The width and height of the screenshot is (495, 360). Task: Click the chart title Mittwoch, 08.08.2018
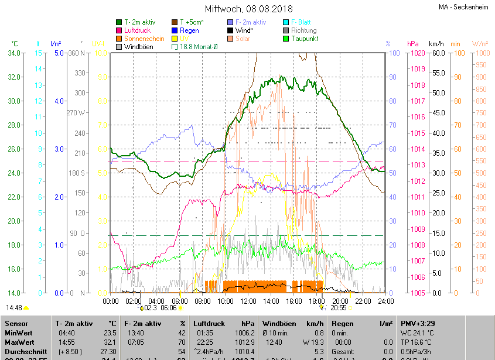[249, 9]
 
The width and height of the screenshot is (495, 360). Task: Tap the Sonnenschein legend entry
[144, 39]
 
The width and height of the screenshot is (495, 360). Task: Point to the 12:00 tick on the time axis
[248, 301]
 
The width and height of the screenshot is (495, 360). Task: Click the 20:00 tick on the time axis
[340, 301]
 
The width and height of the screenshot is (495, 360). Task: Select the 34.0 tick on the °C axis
[14, 53]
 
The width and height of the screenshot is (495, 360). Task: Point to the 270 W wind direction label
[76, 113]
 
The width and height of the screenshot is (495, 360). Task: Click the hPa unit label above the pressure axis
[413, 44]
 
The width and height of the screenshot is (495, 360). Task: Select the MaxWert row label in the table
[20, 342]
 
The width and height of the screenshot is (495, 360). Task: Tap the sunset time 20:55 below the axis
[339, 307]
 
